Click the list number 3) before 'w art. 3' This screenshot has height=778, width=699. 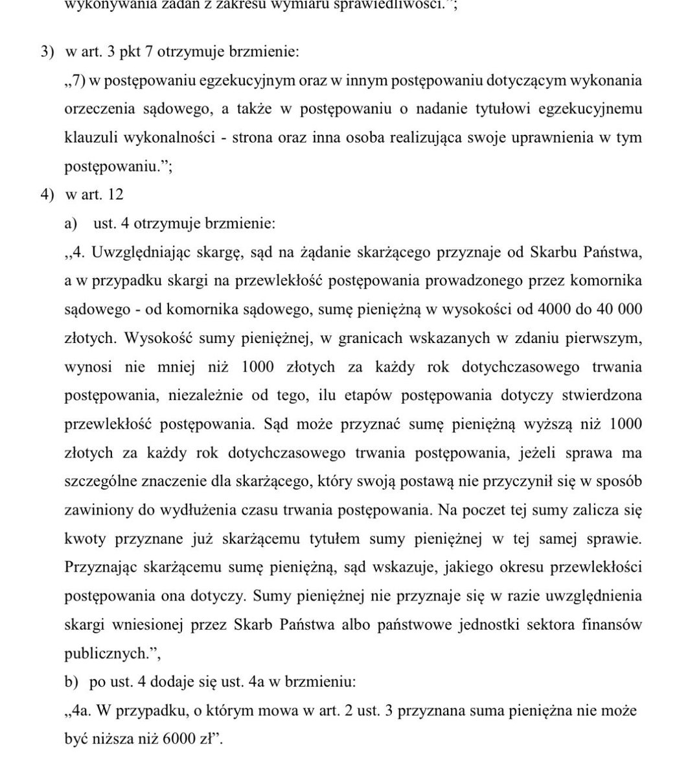(x=46, y=52)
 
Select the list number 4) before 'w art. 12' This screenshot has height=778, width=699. (x=46, y=194)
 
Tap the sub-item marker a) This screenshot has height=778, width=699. (x=71, y=224)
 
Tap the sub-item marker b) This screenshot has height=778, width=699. (x=71, y=682)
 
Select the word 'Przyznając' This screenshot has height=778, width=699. (x=98, y=567)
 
